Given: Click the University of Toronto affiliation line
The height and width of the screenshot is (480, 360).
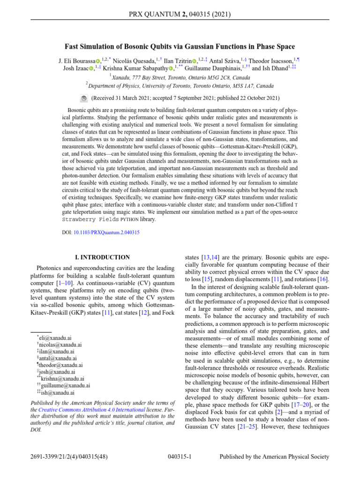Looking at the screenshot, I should (x=181, y=86).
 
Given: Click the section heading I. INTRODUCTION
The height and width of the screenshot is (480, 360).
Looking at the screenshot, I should (x=103, y=257).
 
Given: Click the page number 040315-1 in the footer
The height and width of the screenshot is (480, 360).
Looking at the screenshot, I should (x=180, y=457).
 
